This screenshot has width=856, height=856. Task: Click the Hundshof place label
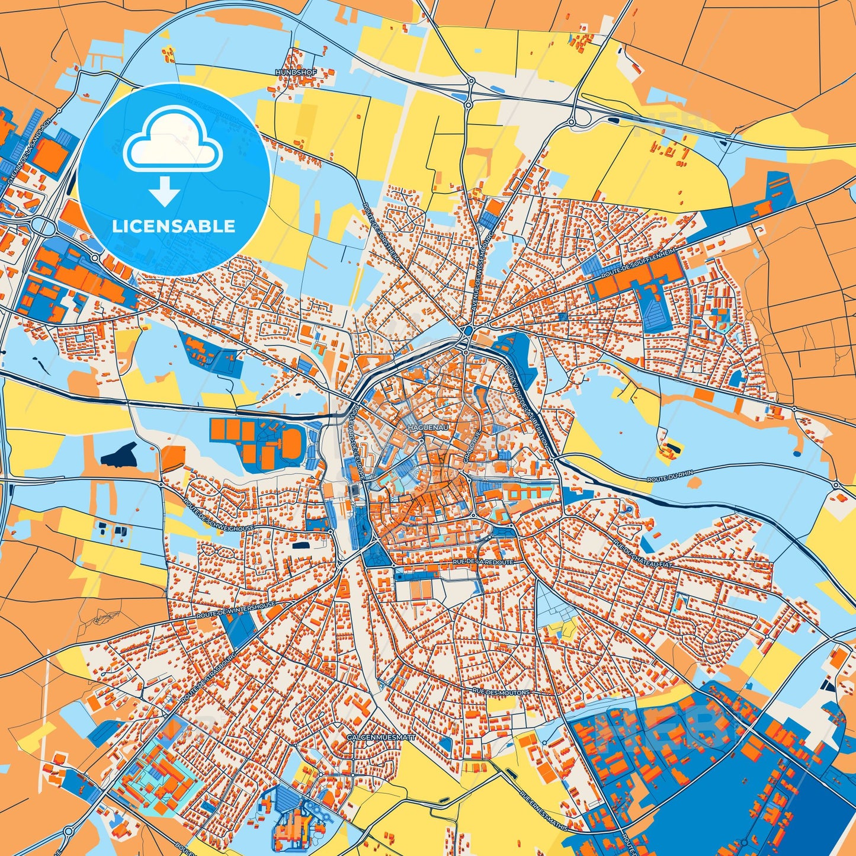click(296, 72)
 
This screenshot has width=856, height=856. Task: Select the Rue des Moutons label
click(501, 691)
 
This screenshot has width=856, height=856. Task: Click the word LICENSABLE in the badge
click(174, 226)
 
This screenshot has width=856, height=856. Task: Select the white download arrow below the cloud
click(165, 191)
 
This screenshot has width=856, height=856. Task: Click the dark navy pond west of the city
click(119, 454)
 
